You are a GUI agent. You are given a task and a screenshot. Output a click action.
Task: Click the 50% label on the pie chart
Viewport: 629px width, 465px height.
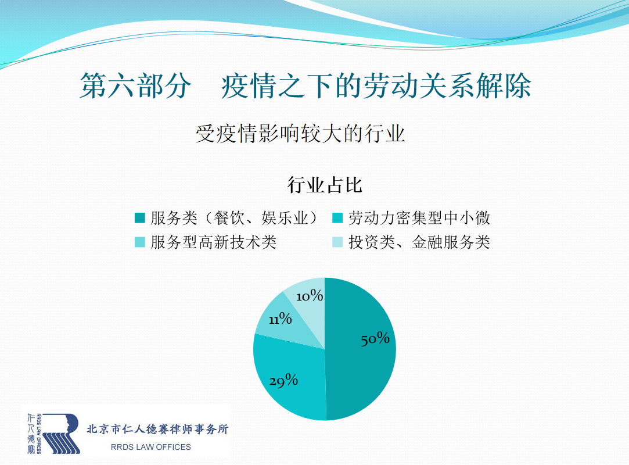click(375, 339)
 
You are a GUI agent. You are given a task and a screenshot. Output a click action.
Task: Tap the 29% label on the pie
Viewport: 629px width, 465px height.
click(283, 380)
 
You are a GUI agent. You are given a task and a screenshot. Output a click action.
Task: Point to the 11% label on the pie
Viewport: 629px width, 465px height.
click(281, 319)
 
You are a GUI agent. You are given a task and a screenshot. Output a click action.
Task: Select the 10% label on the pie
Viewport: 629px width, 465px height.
click(310, 296)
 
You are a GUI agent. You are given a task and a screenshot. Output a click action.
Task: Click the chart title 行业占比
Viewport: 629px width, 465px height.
click(325, 185)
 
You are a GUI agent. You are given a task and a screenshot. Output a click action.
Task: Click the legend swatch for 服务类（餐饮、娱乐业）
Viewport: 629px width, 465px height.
click(139, 218)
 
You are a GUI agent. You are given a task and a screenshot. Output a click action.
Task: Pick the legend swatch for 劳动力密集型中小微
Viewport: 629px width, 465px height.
click(337, 218)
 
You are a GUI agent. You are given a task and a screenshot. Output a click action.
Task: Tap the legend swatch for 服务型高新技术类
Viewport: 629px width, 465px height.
click(139, 242)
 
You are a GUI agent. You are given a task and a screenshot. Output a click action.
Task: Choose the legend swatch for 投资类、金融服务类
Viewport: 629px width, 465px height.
click(337, 242)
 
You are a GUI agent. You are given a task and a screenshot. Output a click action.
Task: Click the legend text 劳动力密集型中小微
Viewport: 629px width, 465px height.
click(419, 218)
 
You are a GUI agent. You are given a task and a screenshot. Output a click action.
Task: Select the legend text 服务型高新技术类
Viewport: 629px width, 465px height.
click(213, 242)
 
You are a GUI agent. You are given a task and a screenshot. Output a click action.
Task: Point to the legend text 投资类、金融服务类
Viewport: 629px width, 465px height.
click(419, 242)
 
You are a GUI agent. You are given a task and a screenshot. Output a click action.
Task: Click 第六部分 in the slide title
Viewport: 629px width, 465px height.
click(135, 85)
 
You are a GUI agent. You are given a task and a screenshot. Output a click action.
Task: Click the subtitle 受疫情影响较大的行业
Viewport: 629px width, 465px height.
click(300, 134)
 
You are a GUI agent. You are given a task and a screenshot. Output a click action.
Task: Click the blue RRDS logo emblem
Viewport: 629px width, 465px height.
click(61, 434)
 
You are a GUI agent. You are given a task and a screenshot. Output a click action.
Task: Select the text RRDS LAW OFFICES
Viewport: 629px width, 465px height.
click(151, 447)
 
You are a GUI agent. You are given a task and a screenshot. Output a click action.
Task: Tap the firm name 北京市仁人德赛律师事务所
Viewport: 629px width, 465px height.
click(157, 429)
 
